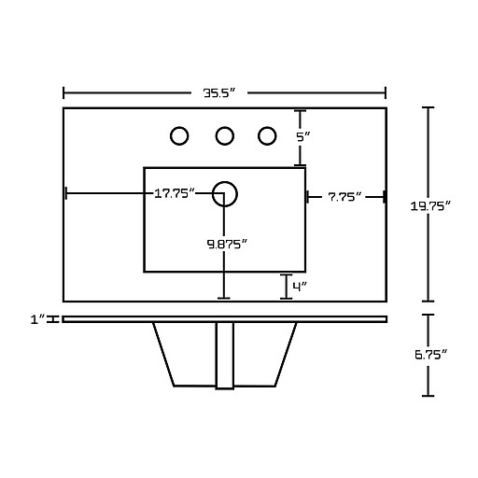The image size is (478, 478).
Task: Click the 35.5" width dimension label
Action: pyautogui.click(x=219, y=92)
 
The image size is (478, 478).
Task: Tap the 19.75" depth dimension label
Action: pyautogui.click(x=430, y=205)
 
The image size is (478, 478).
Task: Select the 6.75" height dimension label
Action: pyautogui.click(x=430, y=354)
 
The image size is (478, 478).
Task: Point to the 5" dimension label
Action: pyautogui.click(x=303, y=136)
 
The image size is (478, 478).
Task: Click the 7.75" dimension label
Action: pyautogui.click(x=344, y=197)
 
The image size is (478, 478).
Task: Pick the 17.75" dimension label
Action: pyautogui.click(x=175, y=193)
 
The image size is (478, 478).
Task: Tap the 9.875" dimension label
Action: pyautogui.click(x=227, y=244)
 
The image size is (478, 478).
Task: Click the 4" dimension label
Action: pyautogui.click(x=300, y=287)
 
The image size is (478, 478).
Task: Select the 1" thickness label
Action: pyautogui.click(x=38, y=319)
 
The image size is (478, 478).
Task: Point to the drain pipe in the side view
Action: pyautogui.click(x=225, y=356)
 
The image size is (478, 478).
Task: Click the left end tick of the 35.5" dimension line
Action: pyautogui.click(x=63, y=92)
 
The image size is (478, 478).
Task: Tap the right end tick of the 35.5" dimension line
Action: pyautogui.click(x=386, y=92)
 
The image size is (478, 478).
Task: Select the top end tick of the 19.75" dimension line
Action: pyautogui.click(x=429, y=107)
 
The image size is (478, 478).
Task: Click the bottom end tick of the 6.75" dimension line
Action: pyautogui.click(x=429, y=396)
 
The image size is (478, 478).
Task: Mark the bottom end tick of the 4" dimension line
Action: pyautogui.click(x=287, y=299)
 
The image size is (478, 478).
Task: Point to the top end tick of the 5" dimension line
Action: pyautogui.click(x=300, y=111)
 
